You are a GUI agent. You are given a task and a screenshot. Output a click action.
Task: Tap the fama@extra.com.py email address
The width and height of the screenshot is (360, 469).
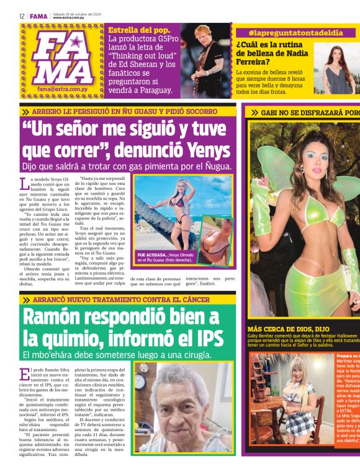(64, 89)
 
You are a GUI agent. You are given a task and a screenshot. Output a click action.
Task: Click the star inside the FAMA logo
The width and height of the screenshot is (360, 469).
(76, 43)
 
